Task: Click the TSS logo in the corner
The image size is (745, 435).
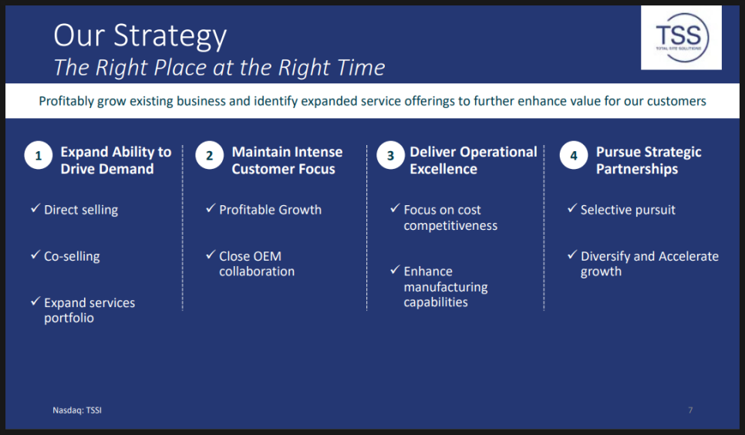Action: (681, 38)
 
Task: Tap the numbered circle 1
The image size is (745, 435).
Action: (39, 156)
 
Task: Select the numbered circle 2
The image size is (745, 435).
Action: (210, 156)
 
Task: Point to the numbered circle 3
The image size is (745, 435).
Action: (390, 156)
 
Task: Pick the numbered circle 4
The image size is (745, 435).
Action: (574, 156)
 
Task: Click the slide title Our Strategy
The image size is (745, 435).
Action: (140, 36)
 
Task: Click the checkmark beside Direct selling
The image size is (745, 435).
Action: (35, 208)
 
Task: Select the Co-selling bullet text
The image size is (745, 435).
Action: (72, 256)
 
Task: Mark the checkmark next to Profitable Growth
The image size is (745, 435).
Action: (211, 208)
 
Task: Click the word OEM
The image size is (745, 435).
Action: (268, 256)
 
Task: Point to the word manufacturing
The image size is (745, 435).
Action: (446, 287)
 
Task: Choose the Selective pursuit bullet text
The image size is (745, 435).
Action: (628, 210)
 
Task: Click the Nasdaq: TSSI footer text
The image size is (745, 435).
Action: (77, 410)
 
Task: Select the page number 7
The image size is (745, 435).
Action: (690, 410)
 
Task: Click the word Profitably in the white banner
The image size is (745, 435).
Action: (66, 101)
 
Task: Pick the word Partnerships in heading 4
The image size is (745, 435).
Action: (637, 169)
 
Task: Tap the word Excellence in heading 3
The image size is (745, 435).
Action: (443, 169)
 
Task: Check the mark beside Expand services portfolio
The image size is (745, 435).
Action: (35, 301)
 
